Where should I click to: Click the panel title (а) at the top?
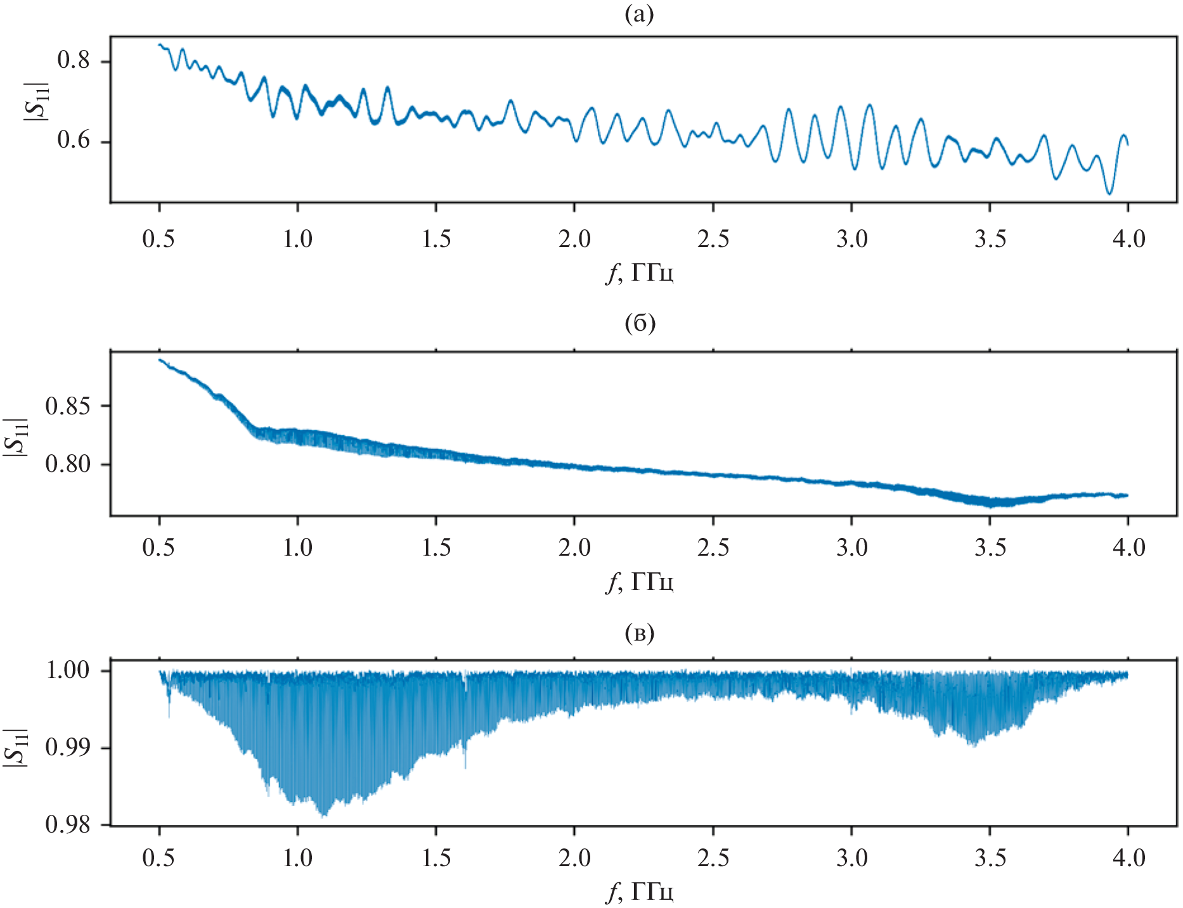point(638,15)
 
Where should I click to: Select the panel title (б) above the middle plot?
point(639,323)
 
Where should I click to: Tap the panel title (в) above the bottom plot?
point(639,633)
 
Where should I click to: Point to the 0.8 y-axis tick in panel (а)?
point(74,61)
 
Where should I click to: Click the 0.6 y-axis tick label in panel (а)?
point(74,141)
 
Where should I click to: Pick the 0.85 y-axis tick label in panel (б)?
point(68,406)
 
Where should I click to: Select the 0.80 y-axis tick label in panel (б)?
point(68,464)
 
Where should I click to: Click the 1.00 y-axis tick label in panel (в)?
point(68,670)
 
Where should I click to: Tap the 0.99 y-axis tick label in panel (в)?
point(68,748)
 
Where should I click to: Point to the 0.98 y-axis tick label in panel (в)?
point(68,824)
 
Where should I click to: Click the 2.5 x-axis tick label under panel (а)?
point(713,240)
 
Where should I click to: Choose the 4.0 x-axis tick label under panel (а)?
point(1128,240)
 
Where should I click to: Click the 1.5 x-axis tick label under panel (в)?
point(436,858)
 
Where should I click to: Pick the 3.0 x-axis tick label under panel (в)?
point(851,858)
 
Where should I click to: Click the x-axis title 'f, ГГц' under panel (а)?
point(638,273)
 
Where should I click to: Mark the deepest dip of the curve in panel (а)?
point(1109,193)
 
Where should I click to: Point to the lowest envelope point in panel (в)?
point(324,815)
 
